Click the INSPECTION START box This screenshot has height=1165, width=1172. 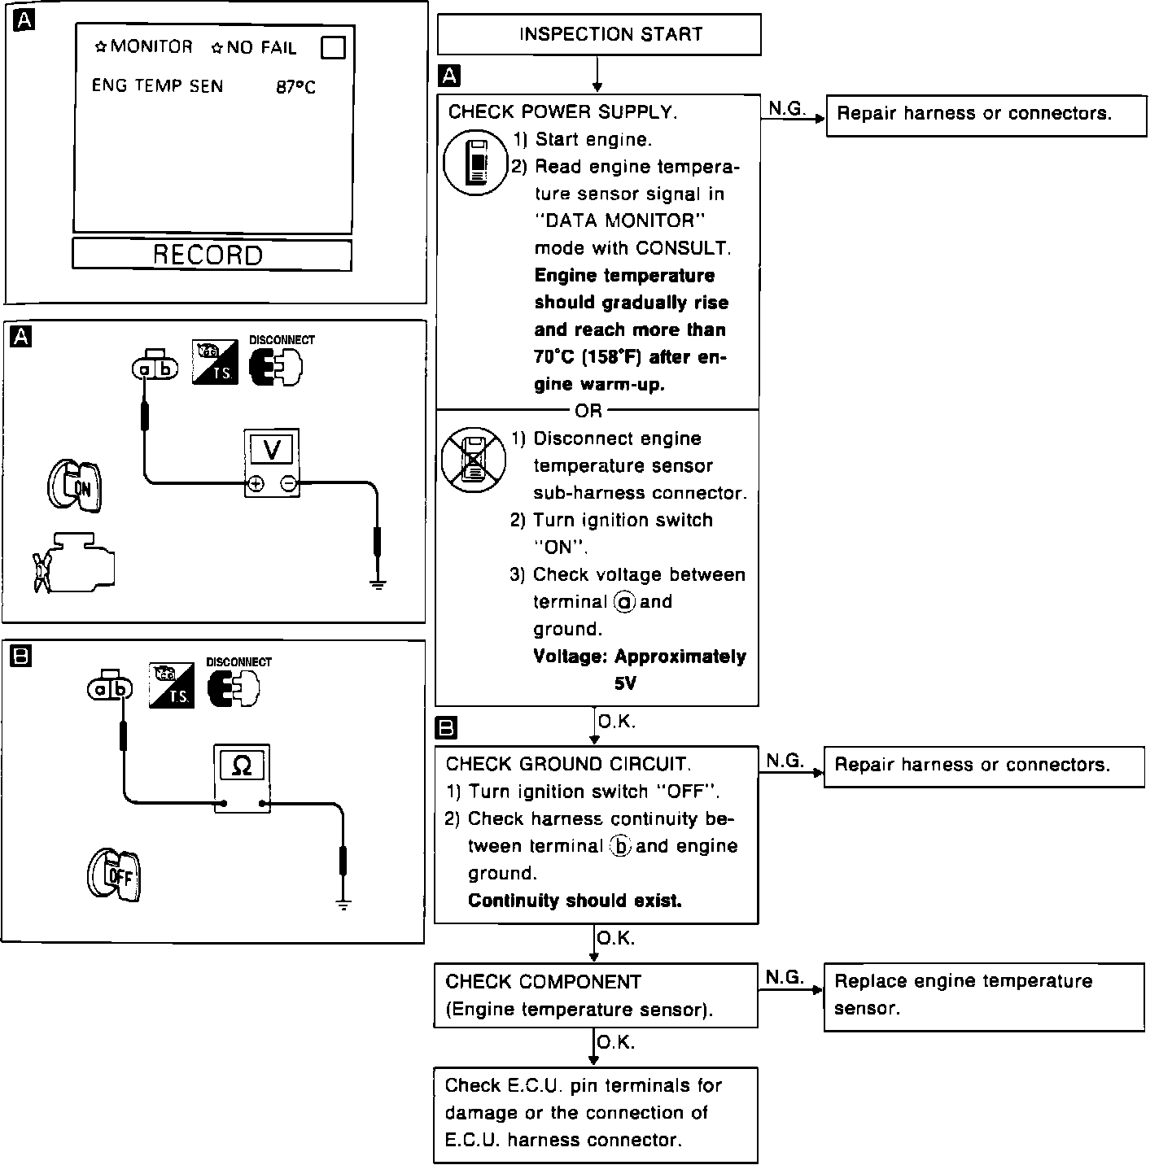[599, 34]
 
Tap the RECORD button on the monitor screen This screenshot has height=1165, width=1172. [212, 255]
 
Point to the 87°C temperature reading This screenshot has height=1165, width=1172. [295, 87]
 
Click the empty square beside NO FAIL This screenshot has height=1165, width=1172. [333, 48]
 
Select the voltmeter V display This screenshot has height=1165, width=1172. [272, 449]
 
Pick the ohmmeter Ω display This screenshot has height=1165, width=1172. [242, 766]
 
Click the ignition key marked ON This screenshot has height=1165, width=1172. [75, 486]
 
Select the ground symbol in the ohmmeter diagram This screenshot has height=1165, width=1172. [343, 903]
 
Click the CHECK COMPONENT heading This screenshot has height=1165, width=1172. [544, 982]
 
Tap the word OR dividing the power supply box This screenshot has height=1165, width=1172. [588, 411]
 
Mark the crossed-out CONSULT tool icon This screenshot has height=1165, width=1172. [473, 459]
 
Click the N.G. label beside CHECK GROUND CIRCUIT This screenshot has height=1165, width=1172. [785, 761]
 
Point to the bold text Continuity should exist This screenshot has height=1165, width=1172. [575, 901]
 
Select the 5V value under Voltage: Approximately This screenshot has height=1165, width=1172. [624, 683]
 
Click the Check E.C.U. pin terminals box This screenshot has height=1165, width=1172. [595, 1114]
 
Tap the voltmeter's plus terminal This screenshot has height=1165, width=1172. [256, 484]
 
